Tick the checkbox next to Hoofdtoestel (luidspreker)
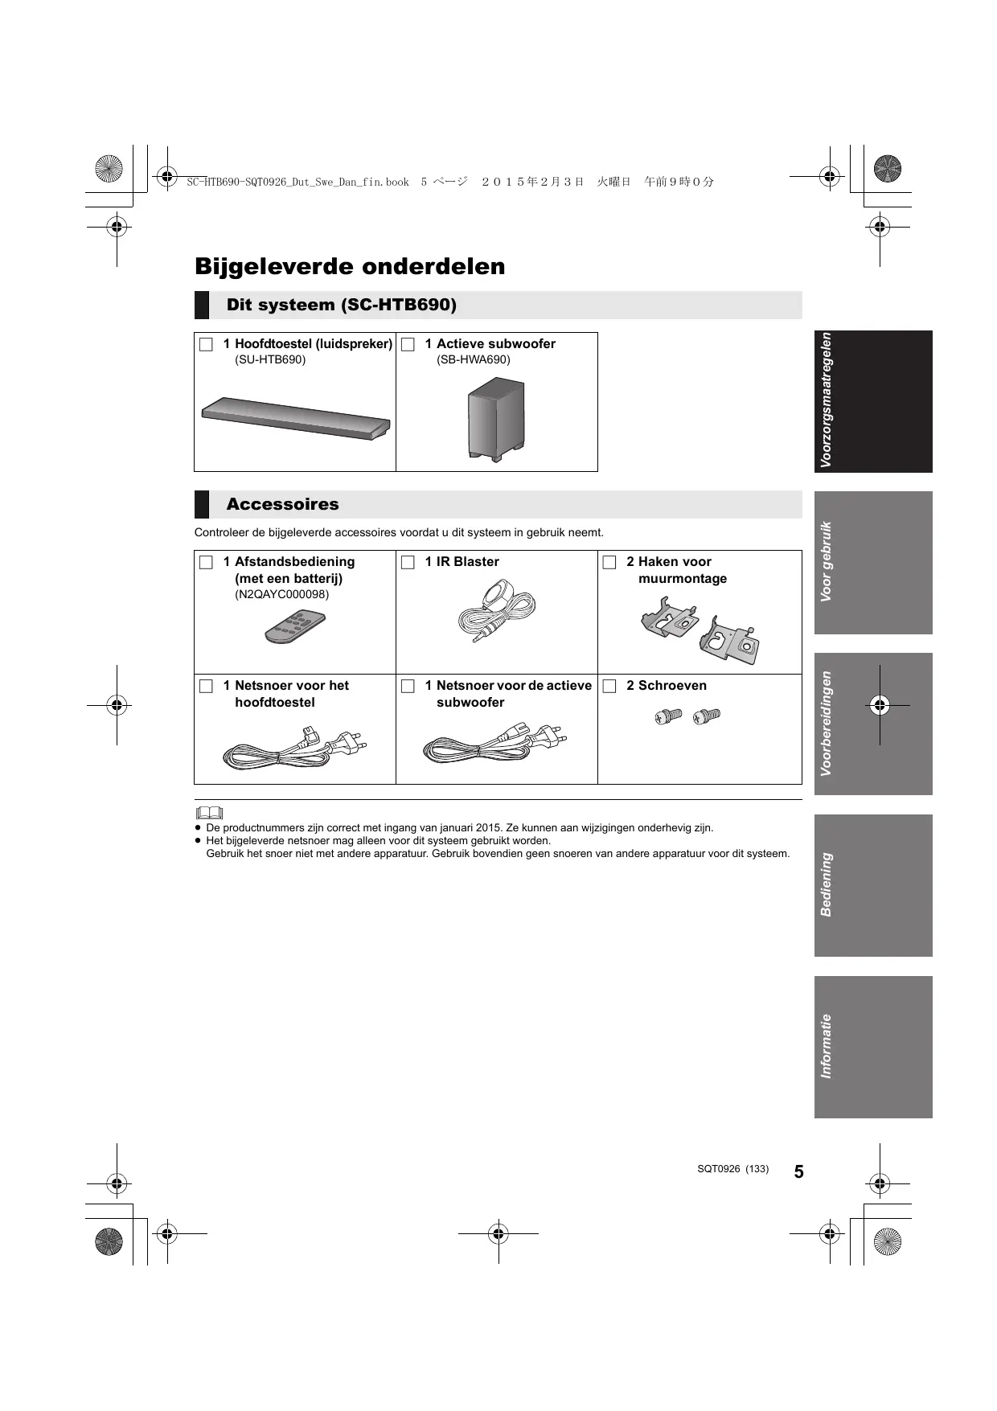(206, 344)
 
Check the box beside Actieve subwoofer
(408, 344)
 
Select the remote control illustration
(295, 627)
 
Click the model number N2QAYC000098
(281, 595)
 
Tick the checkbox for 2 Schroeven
(609, 686)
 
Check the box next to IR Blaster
(408, 562)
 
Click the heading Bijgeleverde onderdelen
(350, 266)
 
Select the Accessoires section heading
(282, 504)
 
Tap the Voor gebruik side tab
(873, 562)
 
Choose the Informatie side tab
(873, 1046)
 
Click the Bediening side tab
(873, 884)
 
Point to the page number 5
(798, 1171)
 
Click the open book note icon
(209, 812)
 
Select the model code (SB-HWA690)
(474, 359)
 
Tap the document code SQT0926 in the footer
(718, 1169)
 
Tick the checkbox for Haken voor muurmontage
(609, 562)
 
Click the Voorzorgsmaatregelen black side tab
(873, 400)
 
